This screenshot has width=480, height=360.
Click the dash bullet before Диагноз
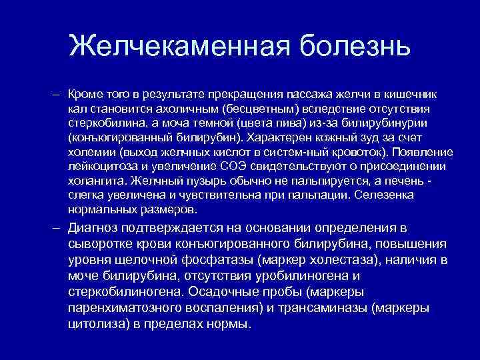tap(60, 227)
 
